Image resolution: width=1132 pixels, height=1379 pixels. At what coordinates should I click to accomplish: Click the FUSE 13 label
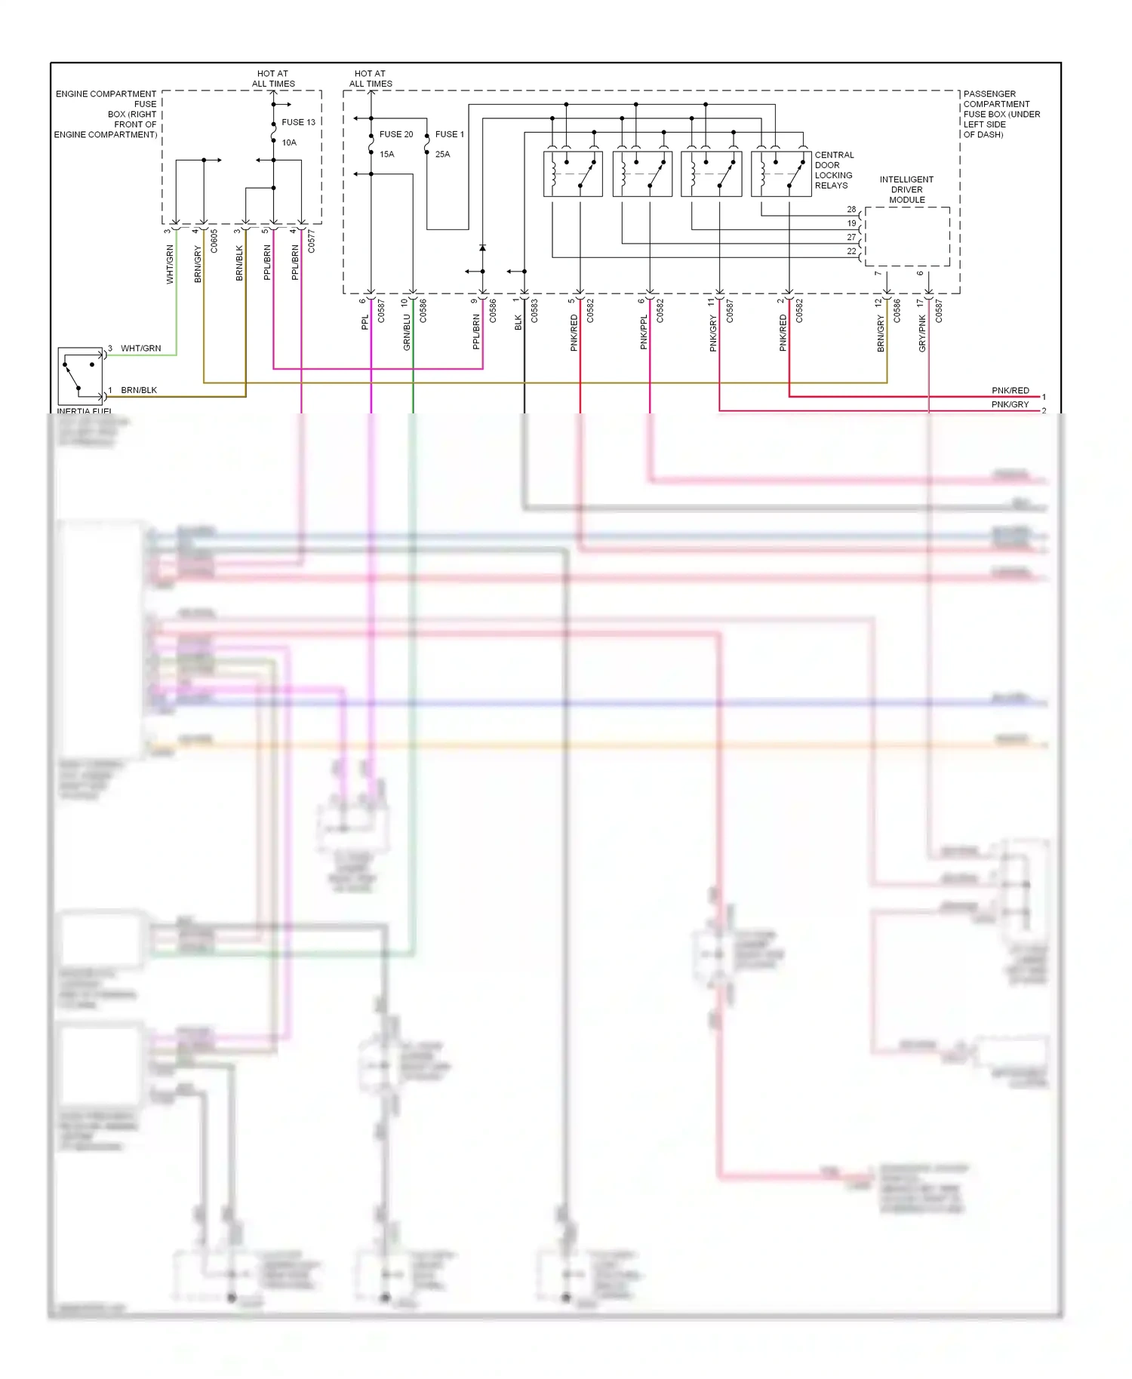tap(298, 122)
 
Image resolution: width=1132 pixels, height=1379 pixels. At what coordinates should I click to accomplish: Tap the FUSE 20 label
tap(395, 134)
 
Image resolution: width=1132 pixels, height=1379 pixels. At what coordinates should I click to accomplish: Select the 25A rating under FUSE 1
tap(442, 155)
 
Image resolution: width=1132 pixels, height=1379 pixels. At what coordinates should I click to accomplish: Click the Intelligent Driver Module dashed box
tap(907, 236)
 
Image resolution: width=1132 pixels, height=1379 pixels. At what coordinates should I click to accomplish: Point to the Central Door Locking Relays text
tap(834, 170)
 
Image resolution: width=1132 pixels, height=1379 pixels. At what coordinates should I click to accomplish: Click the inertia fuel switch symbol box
tap(80, 375)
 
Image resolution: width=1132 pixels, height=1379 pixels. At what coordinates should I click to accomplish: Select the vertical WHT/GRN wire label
tap(170, 264)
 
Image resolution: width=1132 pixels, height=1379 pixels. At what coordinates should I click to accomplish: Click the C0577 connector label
tap(311, 242)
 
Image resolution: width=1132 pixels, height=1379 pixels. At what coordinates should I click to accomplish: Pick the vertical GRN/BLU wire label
tap(407, 332)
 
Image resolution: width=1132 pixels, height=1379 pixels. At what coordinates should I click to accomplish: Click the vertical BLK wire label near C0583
tap(518, 322)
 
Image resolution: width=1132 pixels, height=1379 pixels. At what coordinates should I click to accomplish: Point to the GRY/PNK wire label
tap(921, 333)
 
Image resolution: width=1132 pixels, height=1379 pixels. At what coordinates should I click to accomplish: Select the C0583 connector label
tap(534, 311)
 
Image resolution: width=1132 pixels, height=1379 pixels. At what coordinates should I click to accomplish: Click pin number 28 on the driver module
tap(851, 210)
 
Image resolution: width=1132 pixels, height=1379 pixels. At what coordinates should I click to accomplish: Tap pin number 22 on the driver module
tap(851, 251)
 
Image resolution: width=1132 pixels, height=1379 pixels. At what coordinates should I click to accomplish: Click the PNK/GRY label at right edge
tap(1010, 405)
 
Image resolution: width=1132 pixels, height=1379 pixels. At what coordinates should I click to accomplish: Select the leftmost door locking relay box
tap(573, 174)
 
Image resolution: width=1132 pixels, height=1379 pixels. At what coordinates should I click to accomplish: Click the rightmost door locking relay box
tap(781, 174)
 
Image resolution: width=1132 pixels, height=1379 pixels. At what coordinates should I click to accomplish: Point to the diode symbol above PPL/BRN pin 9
tap(482, 247)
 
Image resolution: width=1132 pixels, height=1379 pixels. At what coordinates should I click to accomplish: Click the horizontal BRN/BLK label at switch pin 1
tap(139, 391)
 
